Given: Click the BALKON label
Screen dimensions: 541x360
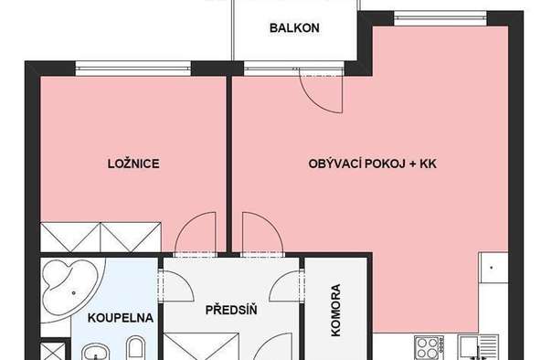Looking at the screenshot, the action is tap(294, 28).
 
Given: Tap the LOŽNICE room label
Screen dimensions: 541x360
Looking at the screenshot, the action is tap(133, 164).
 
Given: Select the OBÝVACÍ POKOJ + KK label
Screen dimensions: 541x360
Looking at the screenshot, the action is tap(372, 164).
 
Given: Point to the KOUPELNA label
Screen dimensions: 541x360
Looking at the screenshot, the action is tap(121, 318).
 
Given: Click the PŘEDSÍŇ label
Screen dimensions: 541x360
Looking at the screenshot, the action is tap(231, 310).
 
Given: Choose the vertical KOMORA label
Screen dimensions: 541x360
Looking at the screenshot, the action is tap(335, 310).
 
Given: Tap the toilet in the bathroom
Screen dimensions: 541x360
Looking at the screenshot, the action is tap(135, 348).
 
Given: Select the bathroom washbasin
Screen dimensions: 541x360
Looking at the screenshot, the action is tap(95, 353).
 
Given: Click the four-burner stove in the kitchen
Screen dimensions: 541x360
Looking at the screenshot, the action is tap(429, 347).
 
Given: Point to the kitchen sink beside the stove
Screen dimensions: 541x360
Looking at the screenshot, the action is tap(479, 347).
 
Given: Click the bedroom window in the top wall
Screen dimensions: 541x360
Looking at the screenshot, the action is tap(133, 69).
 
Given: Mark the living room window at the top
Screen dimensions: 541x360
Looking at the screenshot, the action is tap(440, 18).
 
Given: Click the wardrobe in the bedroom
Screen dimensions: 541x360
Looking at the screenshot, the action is tap(101, 237).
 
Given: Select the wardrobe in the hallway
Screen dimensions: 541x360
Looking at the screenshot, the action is tap(201, 346).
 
